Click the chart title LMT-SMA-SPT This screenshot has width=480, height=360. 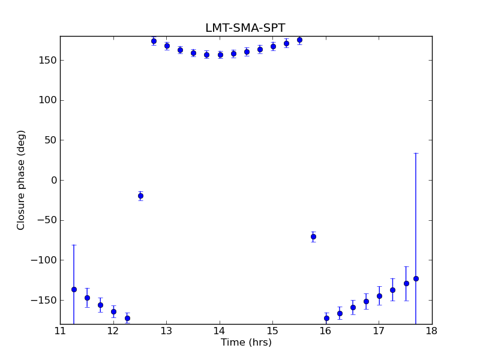245,28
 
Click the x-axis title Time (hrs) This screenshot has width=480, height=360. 246,343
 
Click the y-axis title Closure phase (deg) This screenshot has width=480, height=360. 22,180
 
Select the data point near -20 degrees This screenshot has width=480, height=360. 140,196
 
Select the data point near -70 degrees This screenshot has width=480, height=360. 313,236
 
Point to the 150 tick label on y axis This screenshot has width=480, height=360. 47,60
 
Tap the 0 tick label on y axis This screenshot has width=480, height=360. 53,180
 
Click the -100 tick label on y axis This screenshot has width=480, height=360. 43,260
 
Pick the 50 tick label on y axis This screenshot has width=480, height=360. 50,140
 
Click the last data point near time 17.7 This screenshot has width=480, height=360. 416,278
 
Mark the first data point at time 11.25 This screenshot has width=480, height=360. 74,289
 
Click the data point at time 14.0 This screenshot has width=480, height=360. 220,55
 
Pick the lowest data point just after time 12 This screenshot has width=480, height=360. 127,318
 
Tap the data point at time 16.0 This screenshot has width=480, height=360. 326,318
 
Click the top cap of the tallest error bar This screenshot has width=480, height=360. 416,153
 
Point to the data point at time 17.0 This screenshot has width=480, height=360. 379,296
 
